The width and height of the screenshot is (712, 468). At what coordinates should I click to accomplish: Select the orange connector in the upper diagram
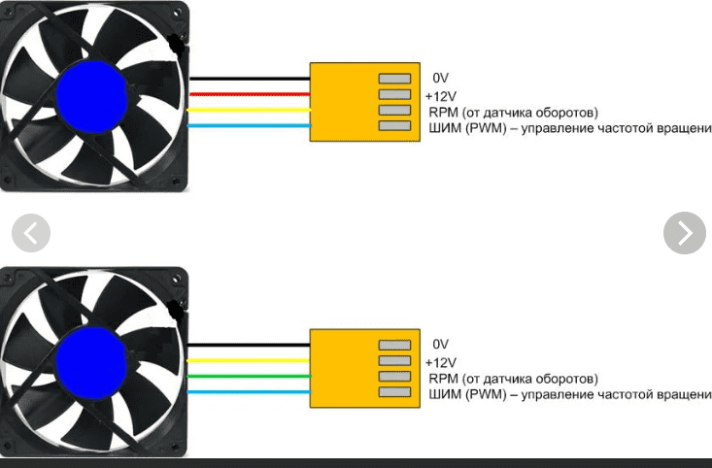(x=340, y=102)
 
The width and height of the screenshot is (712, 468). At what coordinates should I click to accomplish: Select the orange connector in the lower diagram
(x=340, y=368)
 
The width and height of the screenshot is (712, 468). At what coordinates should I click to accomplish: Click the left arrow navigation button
(x=30, y=233)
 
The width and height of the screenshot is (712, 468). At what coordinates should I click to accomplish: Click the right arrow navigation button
(x=684, y=233)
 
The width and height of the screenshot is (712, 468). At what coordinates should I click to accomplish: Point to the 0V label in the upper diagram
(x=441, y=78)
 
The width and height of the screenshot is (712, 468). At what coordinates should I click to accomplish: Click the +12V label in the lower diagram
(x=441, y=361)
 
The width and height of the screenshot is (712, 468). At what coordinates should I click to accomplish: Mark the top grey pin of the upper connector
(x=394, y=79)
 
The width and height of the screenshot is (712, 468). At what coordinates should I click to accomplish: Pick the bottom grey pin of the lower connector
(x=394, y=392)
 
